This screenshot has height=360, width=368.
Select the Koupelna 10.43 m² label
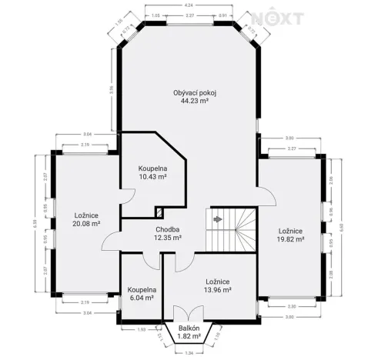click(152, 172)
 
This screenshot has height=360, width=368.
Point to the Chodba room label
click(167, 229)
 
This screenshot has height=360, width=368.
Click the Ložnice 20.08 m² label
click(86, 219)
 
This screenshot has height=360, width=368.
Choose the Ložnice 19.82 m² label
click(290, 235)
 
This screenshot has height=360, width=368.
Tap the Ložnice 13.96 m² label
click(219, 285)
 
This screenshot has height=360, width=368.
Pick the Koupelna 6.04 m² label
click(141, 294)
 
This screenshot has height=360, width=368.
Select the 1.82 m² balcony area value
click(189, 336)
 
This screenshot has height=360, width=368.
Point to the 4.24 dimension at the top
click(189, 6)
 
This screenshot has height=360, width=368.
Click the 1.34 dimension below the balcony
click(189, 353)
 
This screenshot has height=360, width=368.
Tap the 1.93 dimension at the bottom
click(141, 329)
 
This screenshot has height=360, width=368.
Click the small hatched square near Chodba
click(159, 212)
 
